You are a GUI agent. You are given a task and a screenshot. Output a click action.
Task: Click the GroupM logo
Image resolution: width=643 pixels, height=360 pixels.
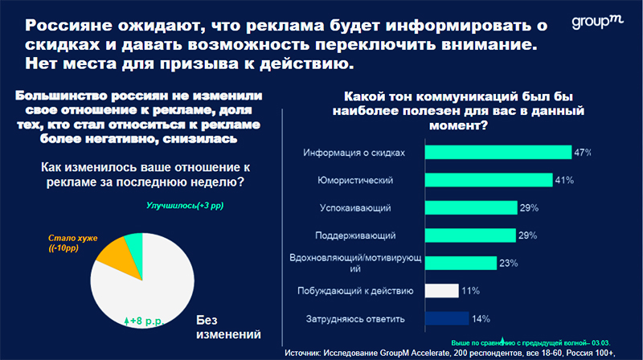597,22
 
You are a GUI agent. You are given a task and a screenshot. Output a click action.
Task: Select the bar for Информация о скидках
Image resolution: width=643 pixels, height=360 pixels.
498,152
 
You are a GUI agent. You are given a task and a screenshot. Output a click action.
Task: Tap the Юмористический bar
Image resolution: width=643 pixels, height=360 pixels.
489,180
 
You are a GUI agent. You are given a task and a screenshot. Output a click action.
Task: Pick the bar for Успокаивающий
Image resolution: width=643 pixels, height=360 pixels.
471,207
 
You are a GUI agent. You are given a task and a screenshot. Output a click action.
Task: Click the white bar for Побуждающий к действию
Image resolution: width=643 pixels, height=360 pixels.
441,291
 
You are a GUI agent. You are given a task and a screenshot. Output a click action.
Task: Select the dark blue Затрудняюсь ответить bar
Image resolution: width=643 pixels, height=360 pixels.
447,318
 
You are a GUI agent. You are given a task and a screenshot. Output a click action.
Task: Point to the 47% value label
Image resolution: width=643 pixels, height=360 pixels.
582,153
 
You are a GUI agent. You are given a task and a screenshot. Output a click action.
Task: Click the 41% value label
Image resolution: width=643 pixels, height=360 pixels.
564,180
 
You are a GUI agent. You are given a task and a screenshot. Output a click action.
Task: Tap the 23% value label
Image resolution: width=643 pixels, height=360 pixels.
509,264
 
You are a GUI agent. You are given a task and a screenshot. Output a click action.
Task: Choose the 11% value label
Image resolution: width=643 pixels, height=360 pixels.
470,291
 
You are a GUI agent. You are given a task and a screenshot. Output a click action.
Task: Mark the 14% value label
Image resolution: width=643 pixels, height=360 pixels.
481,318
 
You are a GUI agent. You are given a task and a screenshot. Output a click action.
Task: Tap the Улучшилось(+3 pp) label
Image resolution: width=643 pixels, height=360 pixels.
185,206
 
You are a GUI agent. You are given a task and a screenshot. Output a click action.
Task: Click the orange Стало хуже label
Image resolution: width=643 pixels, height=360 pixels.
72,243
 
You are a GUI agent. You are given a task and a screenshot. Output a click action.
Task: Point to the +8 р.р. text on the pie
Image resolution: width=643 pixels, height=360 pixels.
144,321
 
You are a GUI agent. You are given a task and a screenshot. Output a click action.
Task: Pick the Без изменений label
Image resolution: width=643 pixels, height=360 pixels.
228,327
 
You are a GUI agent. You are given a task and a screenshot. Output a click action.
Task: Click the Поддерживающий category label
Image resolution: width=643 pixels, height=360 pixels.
355,235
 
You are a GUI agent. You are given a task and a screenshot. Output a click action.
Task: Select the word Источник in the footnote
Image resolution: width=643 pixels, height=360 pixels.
302,353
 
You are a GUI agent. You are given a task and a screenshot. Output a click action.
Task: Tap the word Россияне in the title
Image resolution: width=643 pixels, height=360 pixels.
68,26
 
